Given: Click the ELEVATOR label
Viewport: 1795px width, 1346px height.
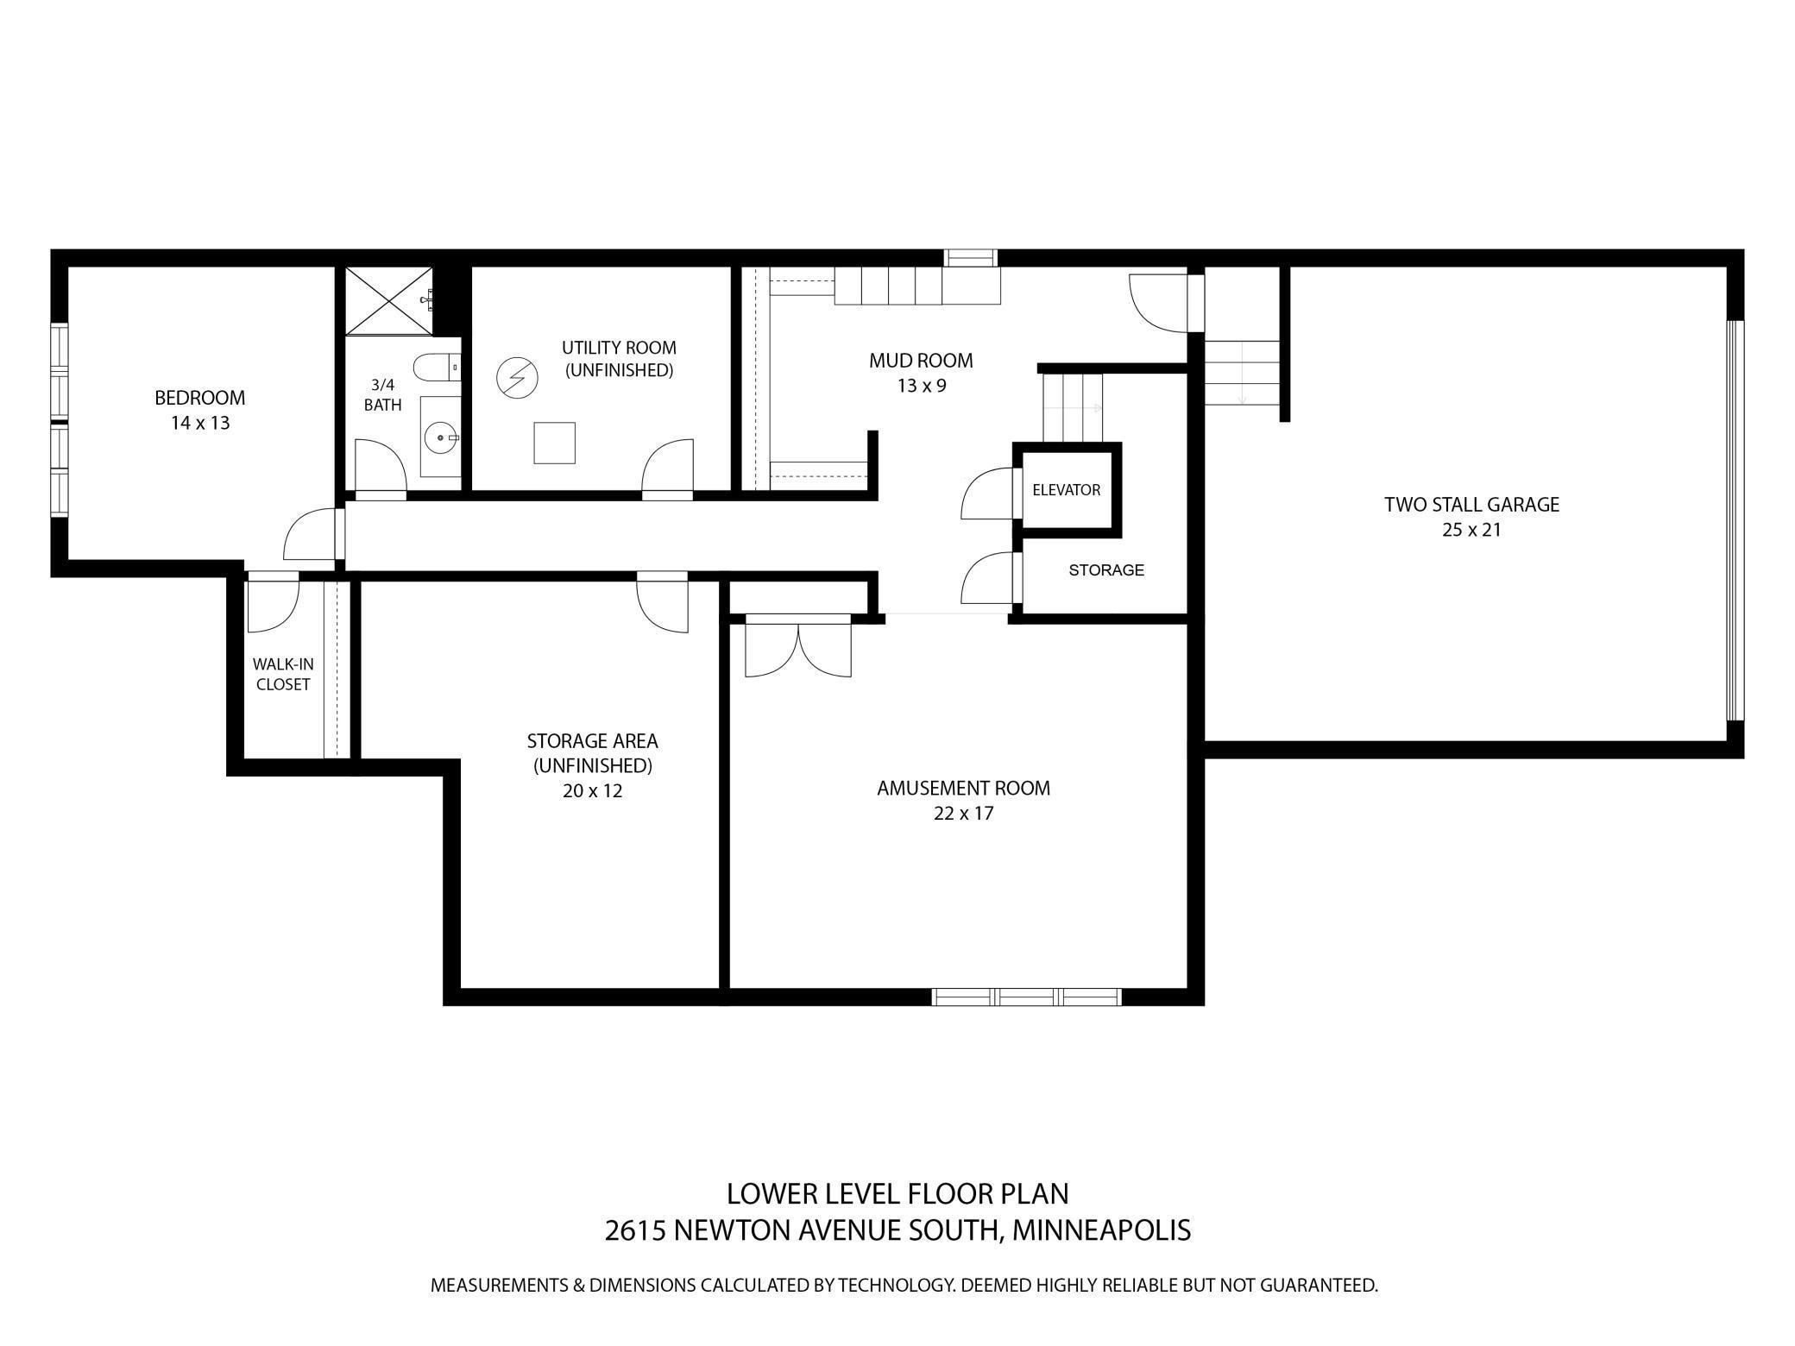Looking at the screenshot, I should pyautogui.click(x=1066, y=490).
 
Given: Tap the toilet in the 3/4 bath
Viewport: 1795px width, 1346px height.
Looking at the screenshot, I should pyautogui.click(x=437, y=369).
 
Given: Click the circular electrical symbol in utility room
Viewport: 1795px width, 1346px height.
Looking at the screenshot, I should pyautogui.click(x=516, y=379).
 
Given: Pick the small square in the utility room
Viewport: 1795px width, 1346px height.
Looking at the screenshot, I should pyautogui.click(x=554, y=443).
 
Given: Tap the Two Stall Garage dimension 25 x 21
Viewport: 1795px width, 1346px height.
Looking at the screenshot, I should pyautogui.click(x=1471, y=530).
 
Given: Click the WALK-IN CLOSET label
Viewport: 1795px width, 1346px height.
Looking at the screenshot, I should pyautogui.click(x=283, y=674).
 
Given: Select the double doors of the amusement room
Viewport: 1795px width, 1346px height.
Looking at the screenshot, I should pyautogui.click(x=798, y=649).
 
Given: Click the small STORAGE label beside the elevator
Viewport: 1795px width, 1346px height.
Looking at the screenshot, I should pyautogui.click(x=1105, y=570).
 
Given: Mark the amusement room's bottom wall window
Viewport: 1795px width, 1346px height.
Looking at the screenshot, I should pyautogui.click(x=1026, y=997).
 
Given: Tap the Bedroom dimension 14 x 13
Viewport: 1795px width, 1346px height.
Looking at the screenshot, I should pyautogui.click(x=200, y=423).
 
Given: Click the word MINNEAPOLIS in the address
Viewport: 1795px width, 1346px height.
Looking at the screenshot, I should pyautogui.click(x=1101, y=1230).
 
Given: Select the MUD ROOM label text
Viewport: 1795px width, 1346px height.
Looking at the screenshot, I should pyautogui.click(x=921, y=361).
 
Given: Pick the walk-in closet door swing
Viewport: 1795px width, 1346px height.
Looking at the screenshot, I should pyautogui.click(x=272, y=607).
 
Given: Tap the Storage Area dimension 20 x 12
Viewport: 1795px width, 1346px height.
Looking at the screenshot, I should pyautogui.click(x=592, y=790).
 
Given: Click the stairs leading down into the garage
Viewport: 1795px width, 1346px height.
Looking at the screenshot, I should pyautogui.click(x=1241, y=373).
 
